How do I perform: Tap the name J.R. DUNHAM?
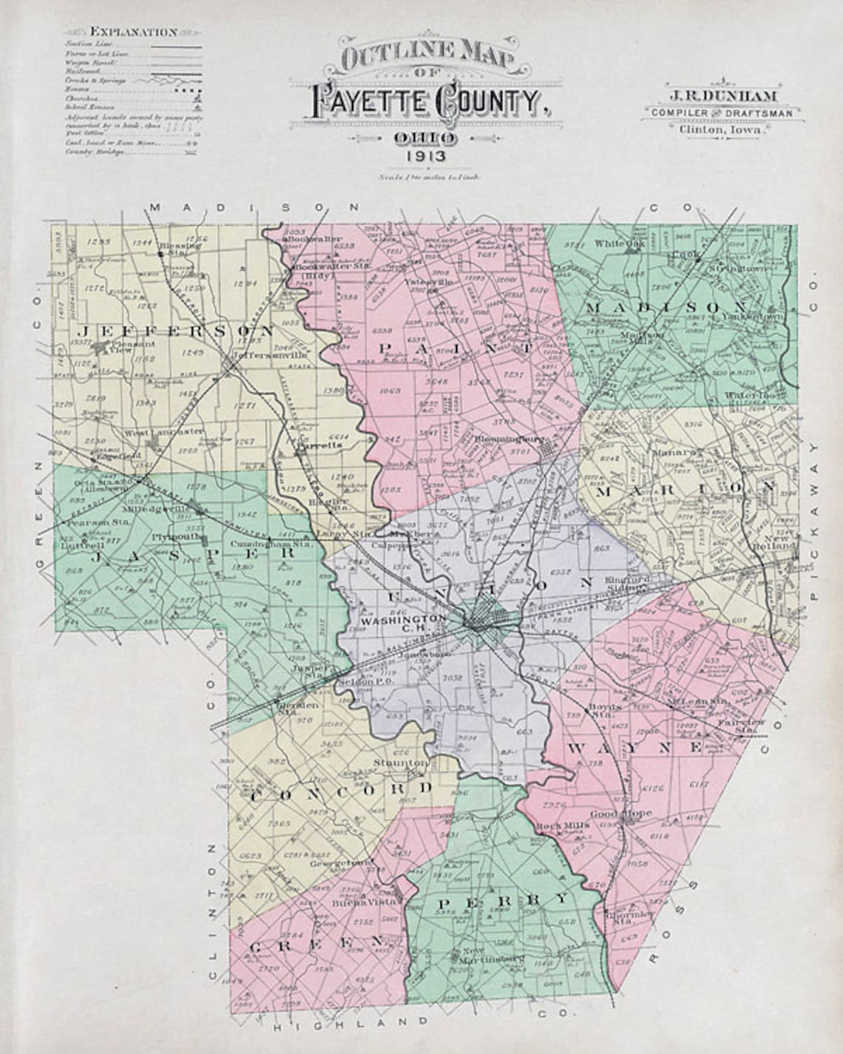click(x=721, y=95)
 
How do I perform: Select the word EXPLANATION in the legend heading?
click(x=133, y=32)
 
